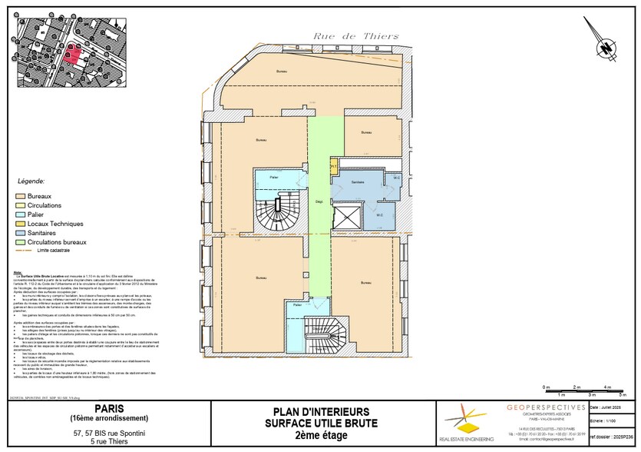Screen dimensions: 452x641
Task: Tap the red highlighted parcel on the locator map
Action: [71, 52]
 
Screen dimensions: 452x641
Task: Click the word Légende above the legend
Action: [31, 182]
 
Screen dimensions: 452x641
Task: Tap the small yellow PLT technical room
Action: [333, 165]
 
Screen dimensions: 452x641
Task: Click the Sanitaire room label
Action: [357, 181]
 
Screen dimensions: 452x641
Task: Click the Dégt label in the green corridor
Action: [318, 202]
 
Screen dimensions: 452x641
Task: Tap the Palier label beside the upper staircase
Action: [273, 178]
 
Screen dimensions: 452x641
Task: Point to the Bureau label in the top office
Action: [281, 71]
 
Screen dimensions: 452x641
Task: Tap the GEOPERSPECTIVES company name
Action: [546, 407]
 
